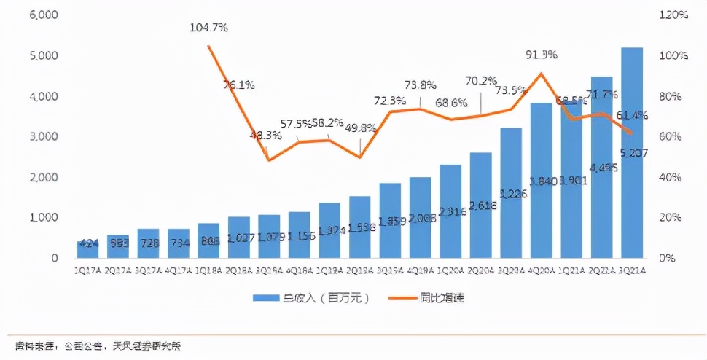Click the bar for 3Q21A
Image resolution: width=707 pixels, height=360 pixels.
coord(631,153)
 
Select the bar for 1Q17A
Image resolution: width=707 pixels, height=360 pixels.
coord(87,249)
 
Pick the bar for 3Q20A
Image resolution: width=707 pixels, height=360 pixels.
coord(510,193)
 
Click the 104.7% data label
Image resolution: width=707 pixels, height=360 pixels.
coord(208,28)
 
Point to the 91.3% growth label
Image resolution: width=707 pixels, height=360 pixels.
coord(541,54)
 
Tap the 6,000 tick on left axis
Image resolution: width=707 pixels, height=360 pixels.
coord(44,15)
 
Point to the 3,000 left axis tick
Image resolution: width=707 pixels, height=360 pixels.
coord(44,137)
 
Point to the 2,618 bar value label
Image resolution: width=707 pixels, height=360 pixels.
coord(480,187)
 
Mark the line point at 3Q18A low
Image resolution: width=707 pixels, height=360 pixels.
coord(269,160)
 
